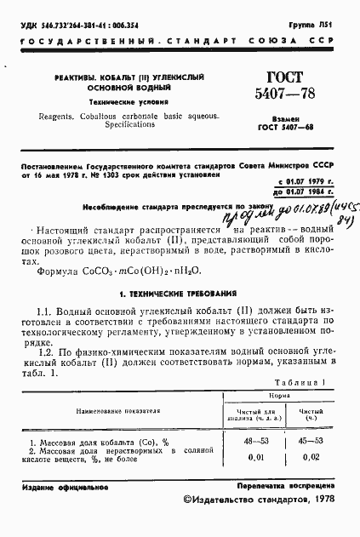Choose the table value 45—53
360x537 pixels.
point(311,443)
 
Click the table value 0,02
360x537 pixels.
point(311,459)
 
